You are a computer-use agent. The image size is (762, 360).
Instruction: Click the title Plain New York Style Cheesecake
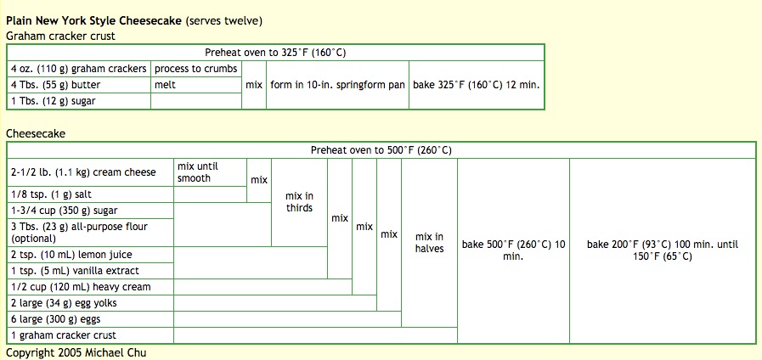(x=93, y=20)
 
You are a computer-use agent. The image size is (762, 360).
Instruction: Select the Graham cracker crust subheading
(x=60, y=36)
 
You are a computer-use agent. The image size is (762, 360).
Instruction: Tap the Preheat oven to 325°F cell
(x=275, y=52)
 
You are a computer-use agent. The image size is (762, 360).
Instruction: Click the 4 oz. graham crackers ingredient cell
(x=78, y=69)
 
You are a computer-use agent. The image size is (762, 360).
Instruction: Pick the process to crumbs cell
(x=195, y=69)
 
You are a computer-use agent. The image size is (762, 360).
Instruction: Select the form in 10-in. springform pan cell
(x=337, y=85)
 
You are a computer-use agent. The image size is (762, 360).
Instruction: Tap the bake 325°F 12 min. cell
(x=477, y=85)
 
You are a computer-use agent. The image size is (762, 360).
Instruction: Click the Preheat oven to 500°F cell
(x=381, y=150)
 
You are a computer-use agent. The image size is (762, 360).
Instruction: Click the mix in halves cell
(x=429, y=243)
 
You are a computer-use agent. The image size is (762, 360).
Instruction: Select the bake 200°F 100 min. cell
(x=663, y=250)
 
